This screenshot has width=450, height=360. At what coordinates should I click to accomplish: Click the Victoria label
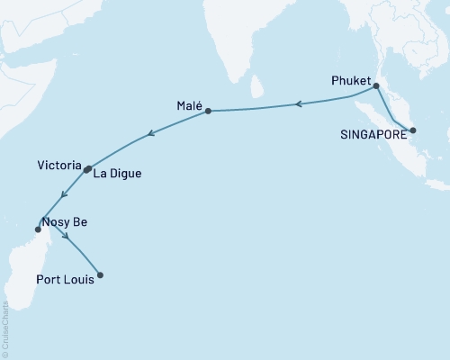pyautogui.click(x=58, y=166)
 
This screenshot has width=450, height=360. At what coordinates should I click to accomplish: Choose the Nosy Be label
pyautogui.click(x=65, y=221)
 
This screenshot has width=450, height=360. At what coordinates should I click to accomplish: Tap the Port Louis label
pyautogui.click(x=63, y=278)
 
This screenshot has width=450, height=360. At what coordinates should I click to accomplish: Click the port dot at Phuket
pyautogui.click(x=376, y=86)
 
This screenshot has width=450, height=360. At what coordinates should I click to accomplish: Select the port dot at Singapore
pyautogui.click(x=412, y=131)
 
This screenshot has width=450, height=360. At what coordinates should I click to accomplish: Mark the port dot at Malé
pyautogui.click(x=208, y=112)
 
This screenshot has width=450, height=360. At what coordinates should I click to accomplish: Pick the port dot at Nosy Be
pyautogui.click(x=38, y=229)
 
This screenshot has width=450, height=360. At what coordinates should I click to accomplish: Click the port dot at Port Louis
pyautogui.click(x=99, y=275)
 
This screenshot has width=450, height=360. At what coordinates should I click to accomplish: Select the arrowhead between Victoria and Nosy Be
pyautogui.click(x=61, y=194)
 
